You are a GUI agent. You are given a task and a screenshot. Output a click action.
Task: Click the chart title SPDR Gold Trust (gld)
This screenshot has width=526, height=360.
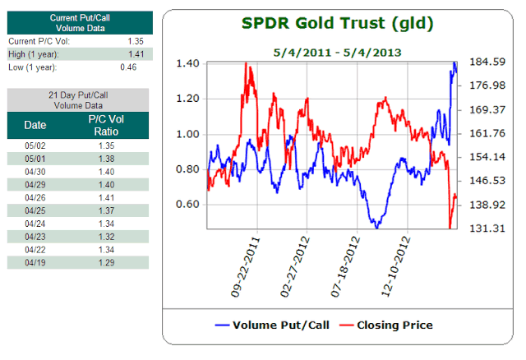(x=338, y=23)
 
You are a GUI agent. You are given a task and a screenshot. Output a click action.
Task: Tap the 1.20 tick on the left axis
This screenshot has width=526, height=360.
(x=189, y=99)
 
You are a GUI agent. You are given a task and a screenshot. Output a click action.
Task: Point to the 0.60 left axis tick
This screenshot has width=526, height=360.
(x=189, y=204)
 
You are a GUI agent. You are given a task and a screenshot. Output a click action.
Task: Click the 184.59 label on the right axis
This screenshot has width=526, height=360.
(x=485, y=62)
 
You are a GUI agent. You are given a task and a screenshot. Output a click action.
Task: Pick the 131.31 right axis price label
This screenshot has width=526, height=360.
(x=485, y=228)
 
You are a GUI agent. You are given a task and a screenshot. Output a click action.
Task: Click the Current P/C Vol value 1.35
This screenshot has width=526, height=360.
(x=136, y=40)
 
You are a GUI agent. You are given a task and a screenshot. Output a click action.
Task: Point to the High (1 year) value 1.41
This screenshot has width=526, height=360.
(x=136, y=53)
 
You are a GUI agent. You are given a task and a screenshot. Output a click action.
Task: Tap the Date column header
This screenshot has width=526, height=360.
(x=35, y=125)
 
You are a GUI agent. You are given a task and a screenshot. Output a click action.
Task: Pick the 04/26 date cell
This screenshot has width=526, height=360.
(x=35, y=198)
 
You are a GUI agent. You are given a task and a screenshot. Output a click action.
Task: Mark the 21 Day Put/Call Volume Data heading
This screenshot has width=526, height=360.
(x=78, y=100)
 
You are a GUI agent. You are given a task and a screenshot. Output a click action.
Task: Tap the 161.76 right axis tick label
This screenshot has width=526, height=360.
(x=485, y=133)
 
